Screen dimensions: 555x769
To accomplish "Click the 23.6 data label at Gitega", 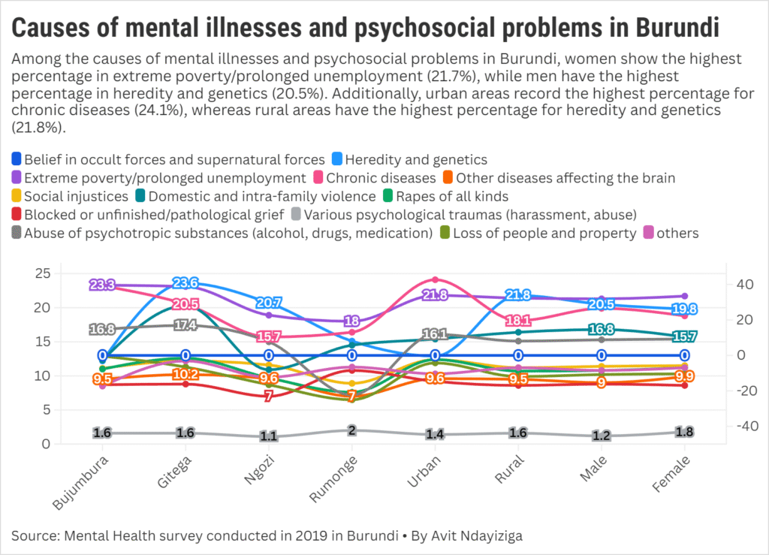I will click(x=185, y=283).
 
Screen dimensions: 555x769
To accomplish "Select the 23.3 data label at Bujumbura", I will click(x=102, y=285).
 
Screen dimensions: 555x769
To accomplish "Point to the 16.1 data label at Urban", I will click(x=436, y=334).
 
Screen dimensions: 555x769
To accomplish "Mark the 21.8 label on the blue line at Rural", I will click(x=518, y=295).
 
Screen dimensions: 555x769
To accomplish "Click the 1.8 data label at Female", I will click(x=685, y=432).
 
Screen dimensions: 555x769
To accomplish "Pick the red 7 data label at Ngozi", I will click(x=269, y=396).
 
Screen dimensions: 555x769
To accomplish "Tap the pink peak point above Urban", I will click(x=436, y=279).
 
